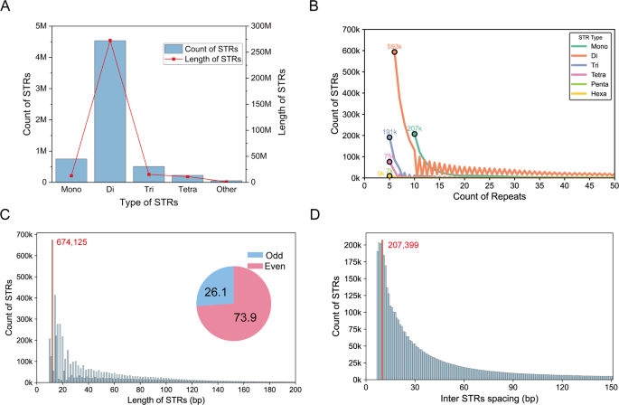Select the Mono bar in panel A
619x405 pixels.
71,171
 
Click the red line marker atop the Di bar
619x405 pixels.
110,41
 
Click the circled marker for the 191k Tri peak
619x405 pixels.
389,137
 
